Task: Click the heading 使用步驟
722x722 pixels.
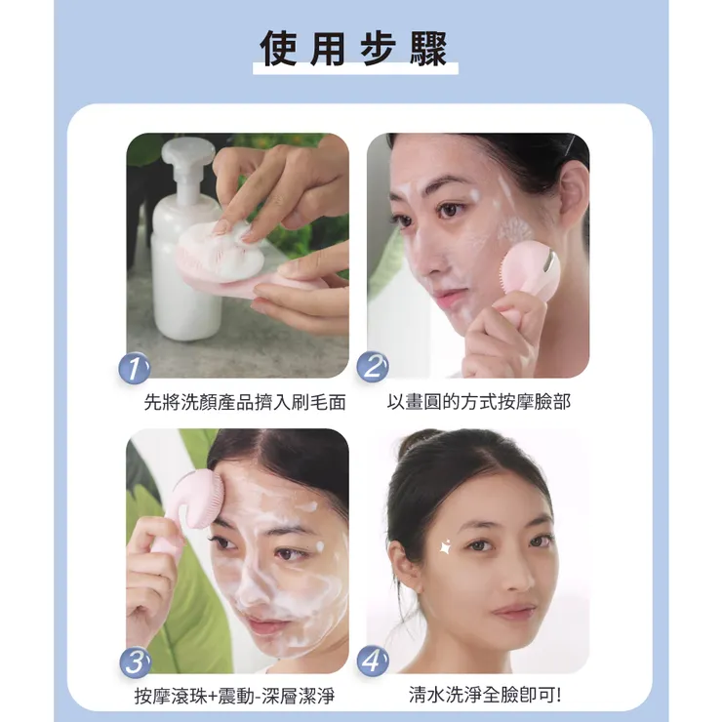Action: pos(353,49)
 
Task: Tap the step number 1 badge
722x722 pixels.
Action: pos(135,368)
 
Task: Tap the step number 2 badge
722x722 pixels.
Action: pos(373,368)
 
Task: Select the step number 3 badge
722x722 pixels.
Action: pos(135,662)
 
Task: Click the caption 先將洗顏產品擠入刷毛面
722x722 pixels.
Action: pos(245,401)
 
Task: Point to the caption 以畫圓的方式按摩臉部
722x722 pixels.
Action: pos(478,401)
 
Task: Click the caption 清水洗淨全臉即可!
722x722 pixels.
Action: pos(485,696)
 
